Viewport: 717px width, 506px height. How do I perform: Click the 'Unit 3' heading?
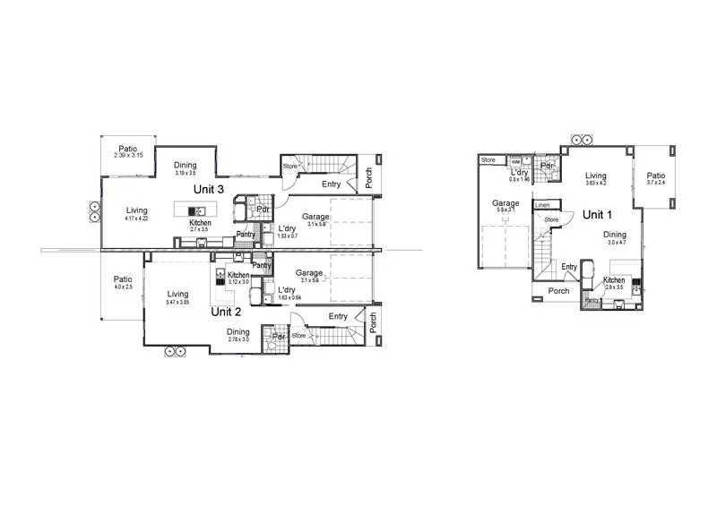[208, 189]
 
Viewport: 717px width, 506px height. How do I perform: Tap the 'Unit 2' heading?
[226, 313]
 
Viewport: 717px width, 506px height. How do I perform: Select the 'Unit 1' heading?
[598, 215]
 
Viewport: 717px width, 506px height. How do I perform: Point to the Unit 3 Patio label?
[129, 149]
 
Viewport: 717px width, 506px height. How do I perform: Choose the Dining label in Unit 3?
[186, 165]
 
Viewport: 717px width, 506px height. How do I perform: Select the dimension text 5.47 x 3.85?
[177, 303]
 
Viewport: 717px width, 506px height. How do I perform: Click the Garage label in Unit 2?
[309, 273]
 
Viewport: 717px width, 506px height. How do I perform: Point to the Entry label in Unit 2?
[338, 316]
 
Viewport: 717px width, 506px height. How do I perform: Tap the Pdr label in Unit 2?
[279, 336]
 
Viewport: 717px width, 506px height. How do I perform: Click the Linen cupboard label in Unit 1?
[543, 205]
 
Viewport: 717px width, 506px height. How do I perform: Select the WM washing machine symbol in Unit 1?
[516, 162]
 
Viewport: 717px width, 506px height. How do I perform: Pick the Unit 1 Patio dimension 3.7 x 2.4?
[657, 183]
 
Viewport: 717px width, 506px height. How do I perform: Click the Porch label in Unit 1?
[558, 291]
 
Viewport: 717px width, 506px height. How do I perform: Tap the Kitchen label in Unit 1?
[614, 280]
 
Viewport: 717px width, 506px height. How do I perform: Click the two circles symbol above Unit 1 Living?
[578, 140]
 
